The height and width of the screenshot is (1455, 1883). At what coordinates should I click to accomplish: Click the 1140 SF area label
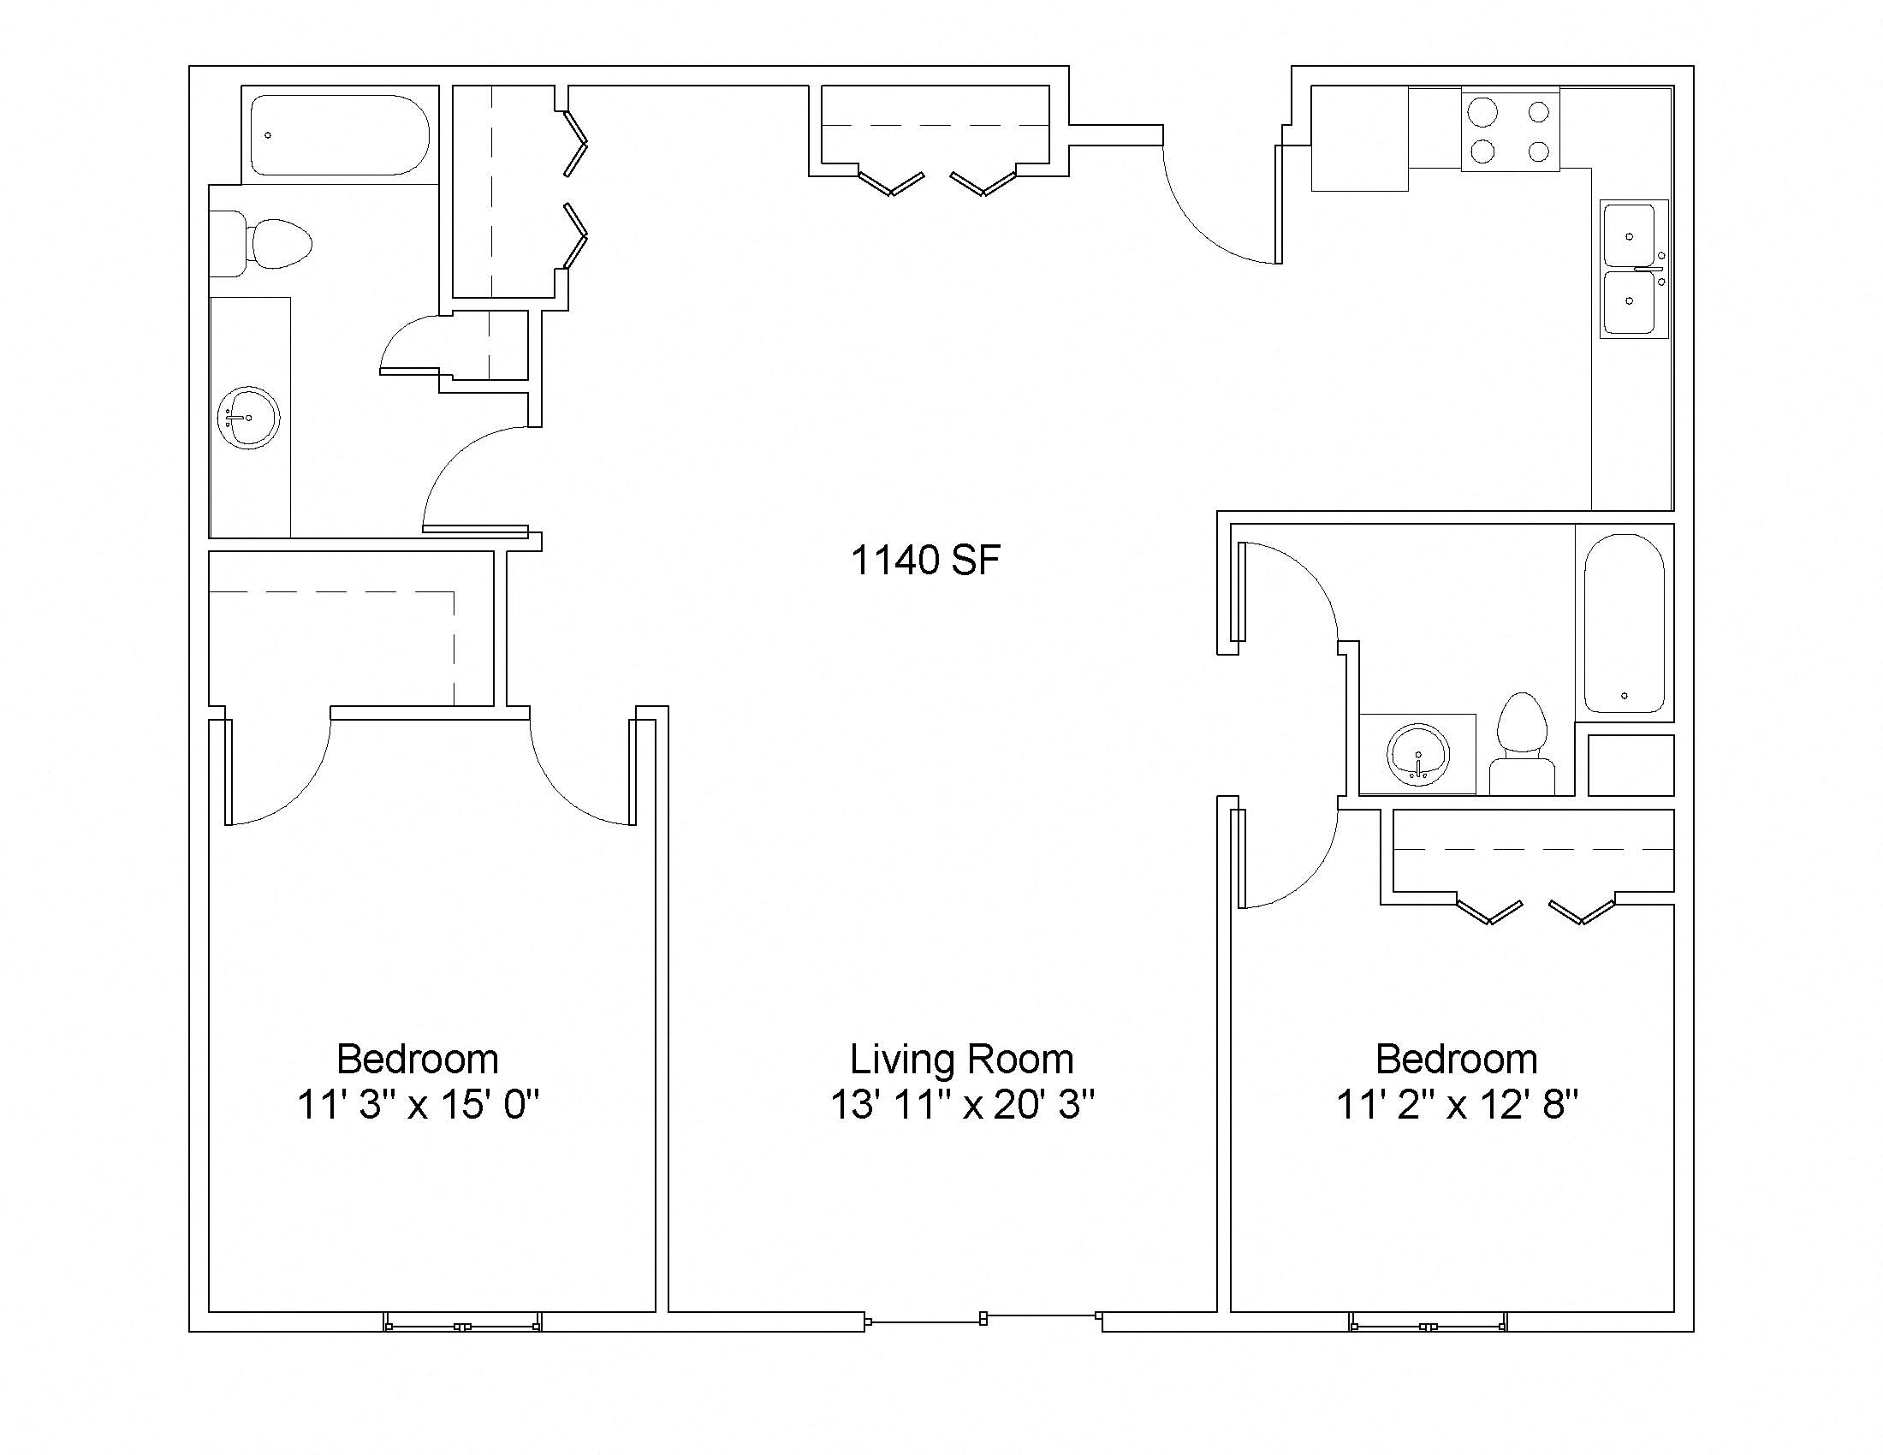tap(925, 561)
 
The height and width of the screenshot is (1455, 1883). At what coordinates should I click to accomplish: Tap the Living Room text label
tap(961, 1060)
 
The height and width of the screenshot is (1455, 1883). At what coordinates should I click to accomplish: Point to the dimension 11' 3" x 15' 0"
tap(419, 1104)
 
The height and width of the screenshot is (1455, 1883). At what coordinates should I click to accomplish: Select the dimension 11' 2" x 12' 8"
tap(1457, 1104)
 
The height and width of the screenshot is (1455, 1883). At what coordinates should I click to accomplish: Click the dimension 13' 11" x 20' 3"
tap(962, 1104)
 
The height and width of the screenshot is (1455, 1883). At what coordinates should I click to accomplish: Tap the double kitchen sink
tap(1634, 269)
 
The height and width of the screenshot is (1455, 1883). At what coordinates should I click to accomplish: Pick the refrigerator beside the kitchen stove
tap(1360, 138)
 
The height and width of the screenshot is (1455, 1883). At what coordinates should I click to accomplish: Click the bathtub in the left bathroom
tap(340, 135)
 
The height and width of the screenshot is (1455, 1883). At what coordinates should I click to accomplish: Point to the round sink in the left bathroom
tap(248, 418)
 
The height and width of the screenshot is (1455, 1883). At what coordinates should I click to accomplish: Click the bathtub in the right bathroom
tap(1625, 623)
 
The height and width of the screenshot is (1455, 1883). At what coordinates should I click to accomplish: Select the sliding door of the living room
tap(983, 1319)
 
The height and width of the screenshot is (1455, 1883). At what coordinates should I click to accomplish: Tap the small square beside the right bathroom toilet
tap(1631, 765)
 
